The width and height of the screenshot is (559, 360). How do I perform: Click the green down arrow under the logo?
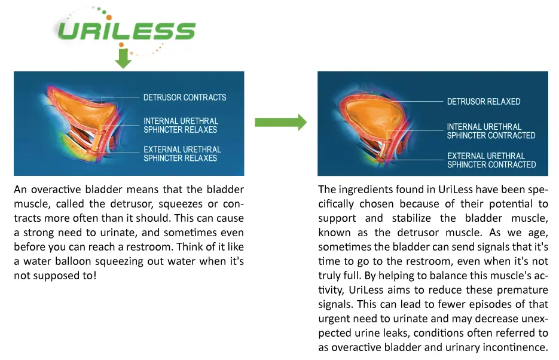click(123, 59)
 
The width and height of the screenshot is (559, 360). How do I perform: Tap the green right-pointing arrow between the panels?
click(280, 123)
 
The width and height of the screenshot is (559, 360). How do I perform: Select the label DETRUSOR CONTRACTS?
click(185, 97)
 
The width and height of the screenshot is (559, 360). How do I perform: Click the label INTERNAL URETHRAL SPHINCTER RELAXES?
click(181, 126)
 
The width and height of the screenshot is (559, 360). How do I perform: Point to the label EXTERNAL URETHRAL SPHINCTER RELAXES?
click(182, 154)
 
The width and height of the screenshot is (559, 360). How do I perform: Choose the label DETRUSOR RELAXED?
click(484, 102)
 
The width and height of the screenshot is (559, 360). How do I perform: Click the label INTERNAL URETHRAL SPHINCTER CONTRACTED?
click(491, 131)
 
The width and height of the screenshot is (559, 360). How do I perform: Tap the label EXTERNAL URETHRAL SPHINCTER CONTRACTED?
click(491, 160)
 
